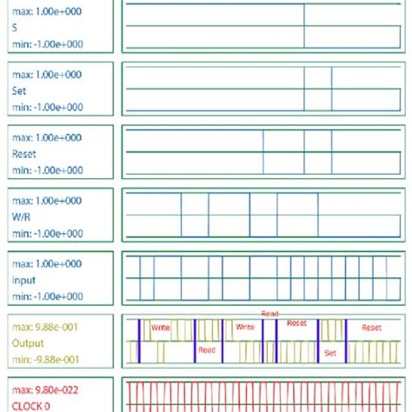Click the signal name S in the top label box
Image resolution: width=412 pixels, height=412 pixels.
click(15, 27)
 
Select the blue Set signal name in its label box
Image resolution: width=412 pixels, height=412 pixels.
click(19, 90)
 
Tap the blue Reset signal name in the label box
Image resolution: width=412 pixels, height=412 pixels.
click(23, 153)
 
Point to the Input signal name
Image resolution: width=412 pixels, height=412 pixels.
click(23, 280)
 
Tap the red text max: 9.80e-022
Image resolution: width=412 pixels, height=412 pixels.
click(48, 389)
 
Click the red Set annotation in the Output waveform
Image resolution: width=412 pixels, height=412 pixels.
click(329, 353)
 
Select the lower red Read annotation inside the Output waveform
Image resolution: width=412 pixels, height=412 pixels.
click(206, 350)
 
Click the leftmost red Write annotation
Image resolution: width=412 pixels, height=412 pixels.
click(161, 328)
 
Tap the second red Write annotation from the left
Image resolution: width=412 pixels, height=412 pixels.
click(245, 328)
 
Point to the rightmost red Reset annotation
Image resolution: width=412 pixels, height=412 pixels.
click(371, 328)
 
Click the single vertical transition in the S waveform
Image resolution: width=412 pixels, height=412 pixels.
click(304, 26)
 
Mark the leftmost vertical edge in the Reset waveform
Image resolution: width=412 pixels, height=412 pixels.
click(263, 152)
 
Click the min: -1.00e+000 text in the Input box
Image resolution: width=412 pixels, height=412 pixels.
click(48, 296)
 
